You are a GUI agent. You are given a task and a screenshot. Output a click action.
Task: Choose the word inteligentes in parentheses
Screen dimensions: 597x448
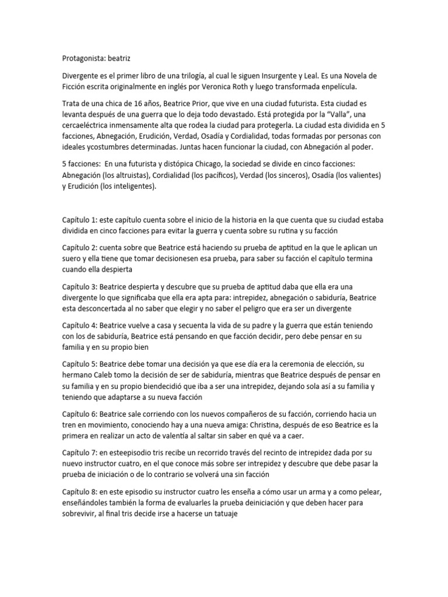click(132, 187)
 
